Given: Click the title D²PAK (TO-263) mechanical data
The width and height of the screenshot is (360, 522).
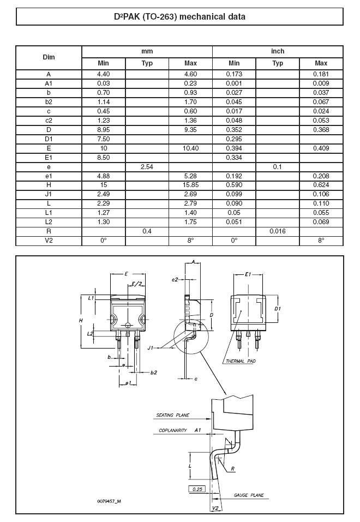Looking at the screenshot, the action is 179,17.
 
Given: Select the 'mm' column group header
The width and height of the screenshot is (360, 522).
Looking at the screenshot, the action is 147,51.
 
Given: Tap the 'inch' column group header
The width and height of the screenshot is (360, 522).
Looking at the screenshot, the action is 278,51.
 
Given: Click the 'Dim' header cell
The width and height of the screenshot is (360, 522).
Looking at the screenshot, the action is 49,57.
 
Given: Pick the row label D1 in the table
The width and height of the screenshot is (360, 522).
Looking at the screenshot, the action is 49,139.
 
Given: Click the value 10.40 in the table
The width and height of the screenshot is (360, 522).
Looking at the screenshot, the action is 190,148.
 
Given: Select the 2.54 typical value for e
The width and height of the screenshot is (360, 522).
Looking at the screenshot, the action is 147,167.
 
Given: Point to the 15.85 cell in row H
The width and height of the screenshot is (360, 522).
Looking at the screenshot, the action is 190,185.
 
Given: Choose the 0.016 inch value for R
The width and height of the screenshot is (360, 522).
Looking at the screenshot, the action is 278,231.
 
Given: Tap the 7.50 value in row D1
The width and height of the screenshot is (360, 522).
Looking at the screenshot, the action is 103,139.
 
